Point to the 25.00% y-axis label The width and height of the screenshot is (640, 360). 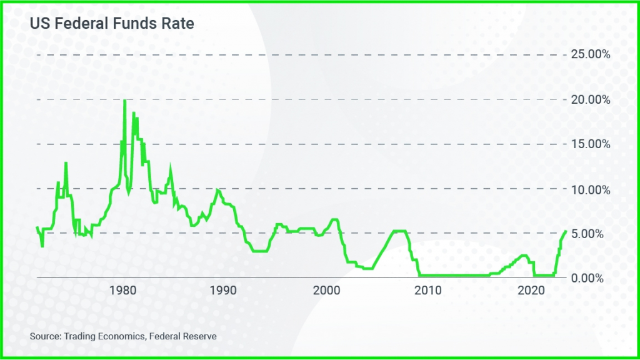591,55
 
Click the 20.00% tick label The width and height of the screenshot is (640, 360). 591,100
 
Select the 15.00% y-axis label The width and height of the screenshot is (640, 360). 591,144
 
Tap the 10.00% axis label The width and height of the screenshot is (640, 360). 591,189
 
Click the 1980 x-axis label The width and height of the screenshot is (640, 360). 123,291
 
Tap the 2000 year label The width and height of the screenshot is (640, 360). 327,291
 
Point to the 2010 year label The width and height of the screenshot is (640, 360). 429,291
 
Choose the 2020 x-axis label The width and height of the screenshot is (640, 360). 531,291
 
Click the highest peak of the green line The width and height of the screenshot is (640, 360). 125,101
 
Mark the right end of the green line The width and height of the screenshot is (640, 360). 566,231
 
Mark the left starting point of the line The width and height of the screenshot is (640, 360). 37,227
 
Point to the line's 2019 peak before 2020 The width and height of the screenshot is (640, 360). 524,255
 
